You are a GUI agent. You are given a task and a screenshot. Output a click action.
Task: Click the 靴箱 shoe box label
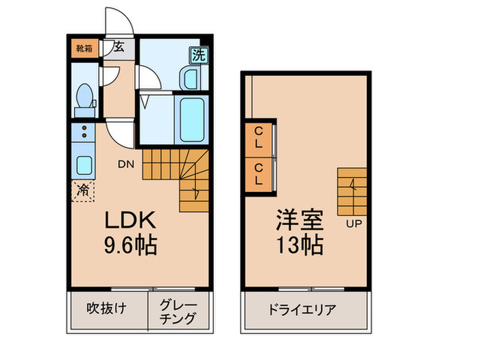83,49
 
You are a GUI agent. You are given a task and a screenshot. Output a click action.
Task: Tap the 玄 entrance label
119,47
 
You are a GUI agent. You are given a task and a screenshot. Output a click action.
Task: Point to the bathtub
191,118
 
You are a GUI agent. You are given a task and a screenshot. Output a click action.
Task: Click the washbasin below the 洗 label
189,79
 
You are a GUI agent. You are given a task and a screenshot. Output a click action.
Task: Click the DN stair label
125,164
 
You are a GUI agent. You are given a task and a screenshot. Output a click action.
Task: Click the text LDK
130,220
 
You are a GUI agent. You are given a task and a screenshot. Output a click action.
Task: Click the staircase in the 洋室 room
352,191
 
